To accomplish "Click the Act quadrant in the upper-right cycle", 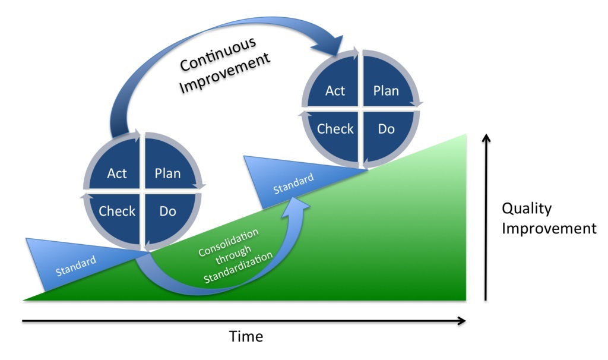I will click(x=335, y=91).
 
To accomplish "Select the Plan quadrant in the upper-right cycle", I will click(x=386, y=91).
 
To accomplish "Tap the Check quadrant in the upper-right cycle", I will click(x=335, y=129).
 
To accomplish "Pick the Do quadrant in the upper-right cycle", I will click(x=386, y=129).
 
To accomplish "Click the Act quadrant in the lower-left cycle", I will click(x=117, y=173).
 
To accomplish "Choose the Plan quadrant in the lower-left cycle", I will click(x=167, y=173).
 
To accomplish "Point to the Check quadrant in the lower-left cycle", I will click(x=117, y=211).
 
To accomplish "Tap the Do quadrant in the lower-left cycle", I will click(x=167, y=211).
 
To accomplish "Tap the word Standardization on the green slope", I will click(x=238, y=268).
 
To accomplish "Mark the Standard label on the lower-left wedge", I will click(x=75, y=265).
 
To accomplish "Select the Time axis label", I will click(x=246, y=336).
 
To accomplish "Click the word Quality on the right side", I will click(x=527, y=209).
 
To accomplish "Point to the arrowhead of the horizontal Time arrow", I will click(x=462, y=321).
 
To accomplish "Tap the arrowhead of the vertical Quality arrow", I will click(x=486, y=139).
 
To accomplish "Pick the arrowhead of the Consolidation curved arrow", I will click(x=299, y=202).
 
